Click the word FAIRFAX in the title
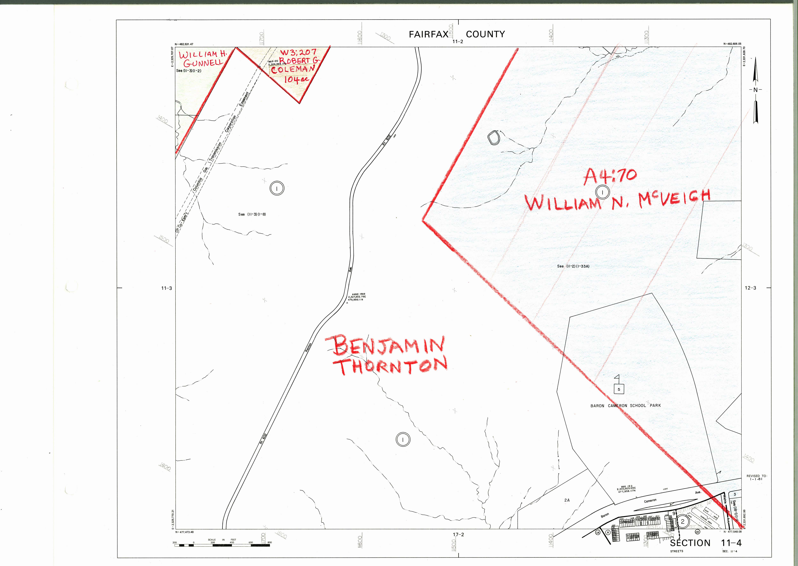428,34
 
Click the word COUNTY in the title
485,34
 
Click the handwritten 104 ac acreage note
296,79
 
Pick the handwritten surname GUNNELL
203,63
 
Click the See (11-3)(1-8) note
252,214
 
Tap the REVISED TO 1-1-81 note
757,477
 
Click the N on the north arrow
755,90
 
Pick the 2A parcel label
567,500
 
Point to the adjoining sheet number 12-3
750,288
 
